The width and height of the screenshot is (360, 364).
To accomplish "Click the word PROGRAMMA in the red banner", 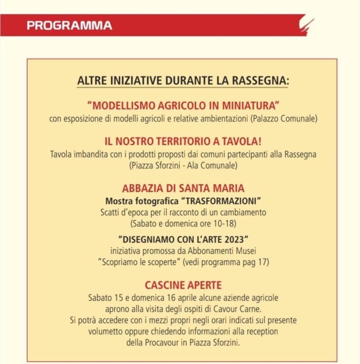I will pos(70,26).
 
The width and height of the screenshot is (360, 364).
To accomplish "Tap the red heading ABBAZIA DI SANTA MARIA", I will pos(183,188).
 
